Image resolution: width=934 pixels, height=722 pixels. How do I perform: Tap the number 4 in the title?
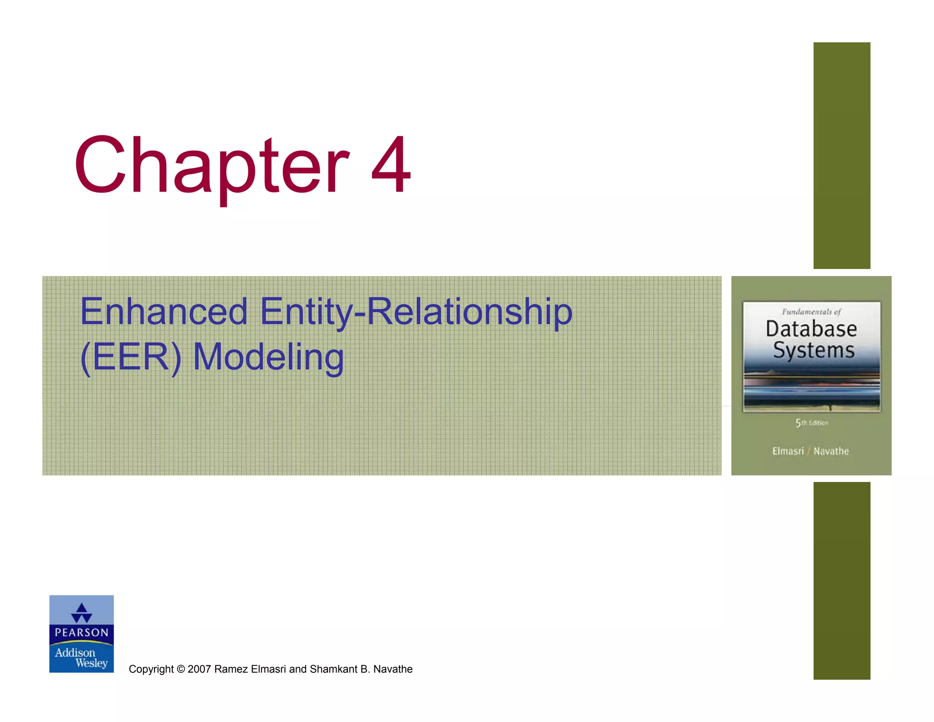tap(391, 165)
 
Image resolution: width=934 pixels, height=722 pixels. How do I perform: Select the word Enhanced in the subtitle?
tap(163, 312)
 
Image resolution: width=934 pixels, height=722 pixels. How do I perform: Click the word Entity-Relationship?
tap(416, 312)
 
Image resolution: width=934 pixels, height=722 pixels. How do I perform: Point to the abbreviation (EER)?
tap(130, 357)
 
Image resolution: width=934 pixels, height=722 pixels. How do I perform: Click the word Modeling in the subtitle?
tap(268, 357)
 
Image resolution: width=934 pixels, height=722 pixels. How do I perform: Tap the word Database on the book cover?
tap(811, 329)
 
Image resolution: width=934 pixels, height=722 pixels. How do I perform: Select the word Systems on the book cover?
tap(814, 351)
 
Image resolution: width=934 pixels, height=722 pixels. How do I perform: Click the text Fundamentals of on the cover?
tap(811, 312)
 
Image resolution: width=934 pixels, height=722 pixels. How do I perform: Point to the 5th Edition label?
tap(812, 423)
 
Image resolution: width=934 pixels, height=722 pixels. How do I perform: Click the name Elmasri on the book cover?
tap(788, 451)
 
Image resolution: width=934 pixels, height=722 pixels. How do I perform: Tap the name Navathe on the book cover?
tap(831, 451)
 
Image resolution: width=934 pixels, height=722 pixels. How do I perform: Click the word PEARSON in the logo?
tap(82, 633)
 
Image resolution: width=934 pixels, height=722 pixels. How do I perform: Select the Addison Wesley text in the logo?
tap(82, 658)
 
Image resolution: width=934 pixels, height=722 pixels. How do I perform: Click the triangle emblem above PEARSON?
tap(82, 613)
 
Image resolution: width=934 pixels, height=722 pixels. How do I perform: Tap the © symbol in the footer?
tap(181, 669)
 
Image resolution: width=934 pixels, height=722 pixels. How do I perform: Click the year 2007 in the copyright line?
tap(199, 669)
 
